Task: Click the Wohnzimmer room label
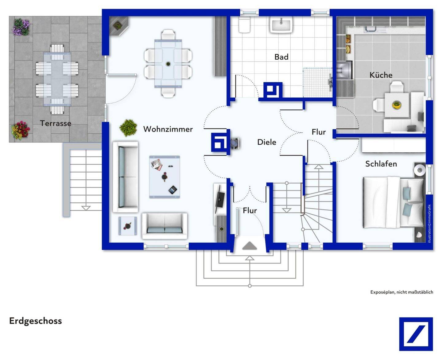point(168,129)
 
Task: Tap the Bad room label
point(281,57)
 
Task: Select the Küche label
point(381,75)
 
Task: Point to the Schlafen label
point(381,164)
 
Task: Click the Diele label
point(267,142)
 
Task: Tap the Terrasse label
point(56,123)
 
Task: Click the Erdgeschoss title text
point(36,321)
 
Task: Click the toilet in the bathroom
point(244,25)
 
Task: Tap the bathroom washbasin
point(281,25)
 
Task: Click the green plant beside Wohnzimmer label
point(128,128)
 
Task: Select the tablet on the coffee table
point(173,190)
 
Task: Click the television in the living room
point(219,199)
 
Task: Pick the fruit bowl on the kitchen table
point(397,104)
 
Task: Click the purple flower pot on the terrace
point(21,27)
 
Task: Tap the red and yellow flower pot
point(20,130)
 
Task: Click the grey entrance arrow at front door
point(250,246)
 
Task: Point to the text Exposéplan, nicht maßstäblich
point(402,292)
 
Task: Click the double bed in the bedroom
point(394,202)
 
